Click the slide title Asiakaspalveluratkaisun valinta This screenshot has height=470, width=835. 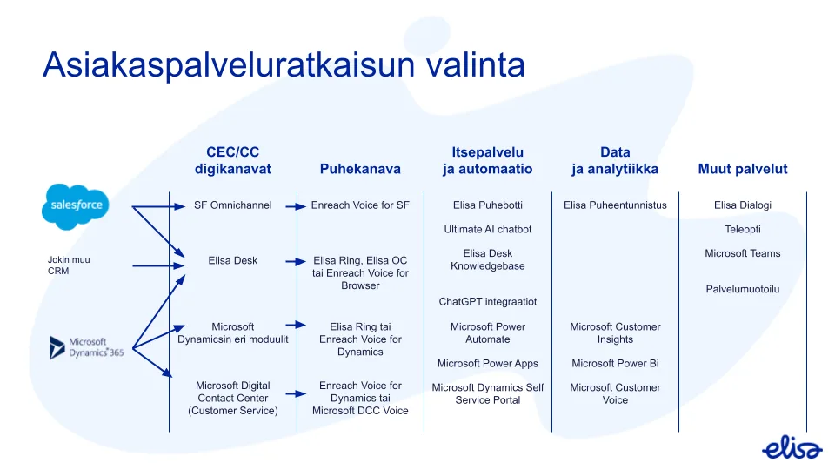284,65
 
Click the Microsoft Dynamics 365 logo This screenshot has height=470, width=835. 86,347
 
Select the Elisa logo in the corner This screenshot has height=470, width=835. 792,448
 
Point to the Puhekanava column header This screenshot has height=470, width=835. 360,169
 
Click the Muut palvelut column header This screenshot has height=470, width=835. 742,169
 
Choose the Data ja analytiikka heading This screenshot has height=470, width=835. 615,160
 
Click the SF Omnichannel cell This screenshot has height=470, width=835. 232,205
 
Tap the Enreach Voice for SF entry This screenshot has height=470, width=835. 360,205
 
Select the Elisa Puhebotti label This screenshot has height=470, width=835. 487,205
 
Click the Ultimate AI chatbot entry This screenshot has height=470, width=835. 487,229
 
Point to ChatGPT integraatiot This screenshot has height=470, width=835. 487,301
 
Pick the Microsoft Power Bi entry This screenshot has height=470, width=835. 615,363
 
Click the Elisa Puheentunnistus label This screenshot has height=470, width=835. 615,205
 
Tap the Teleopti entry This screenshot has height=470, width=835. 742,229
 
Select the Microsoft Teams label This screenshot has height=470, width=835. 742,253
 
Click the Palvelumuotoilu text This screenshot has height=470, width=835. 742,289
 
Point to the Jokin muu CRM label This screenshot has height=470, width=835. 69,265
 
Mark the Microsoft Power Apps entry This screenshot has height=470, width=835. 487,363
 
